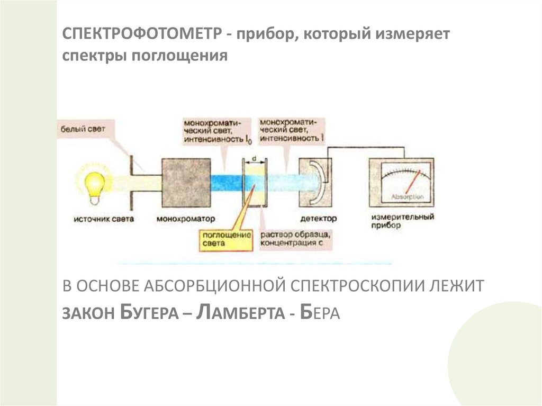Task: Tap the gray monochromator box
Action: pos(186,183)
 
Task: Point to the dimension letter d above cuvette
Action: pos(255,157)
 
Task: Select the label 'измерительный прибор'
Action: pos(403,221)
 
